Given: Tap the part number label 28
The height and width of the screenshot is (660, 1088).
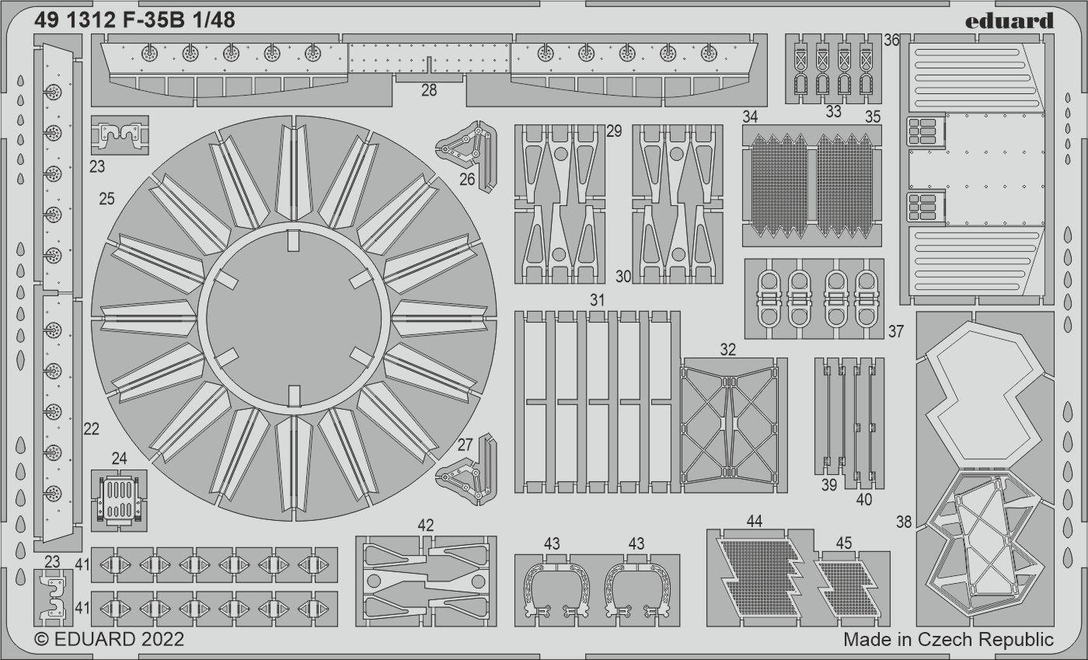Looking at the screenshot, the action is [x=429, y=90].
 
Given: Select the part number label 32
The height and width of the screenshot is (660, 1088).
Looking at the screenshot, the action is [x=727, y=349].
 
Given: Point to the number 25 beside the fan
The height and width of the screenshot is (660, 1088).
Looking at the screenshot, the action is [x=107, y=198].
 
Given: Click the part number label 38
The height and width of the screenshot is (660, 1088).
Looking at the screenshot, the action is [x=903, y=522].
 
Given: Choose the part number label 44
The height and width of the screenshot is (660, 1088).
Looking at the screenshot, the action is [x=754, y=521].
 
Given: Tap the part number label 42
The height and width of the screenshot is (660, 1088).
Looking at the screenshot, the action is [x=426, y=525].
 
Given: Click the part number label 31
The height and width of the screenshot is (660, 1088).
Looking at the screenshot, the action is [x=597, y=300].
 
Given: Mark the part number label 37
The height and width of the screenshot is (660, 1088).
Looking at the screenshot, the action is [x=895, y=331].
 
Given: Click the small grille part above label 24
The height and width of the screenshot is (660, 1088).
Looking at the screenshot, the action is [x=119, y=500].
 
